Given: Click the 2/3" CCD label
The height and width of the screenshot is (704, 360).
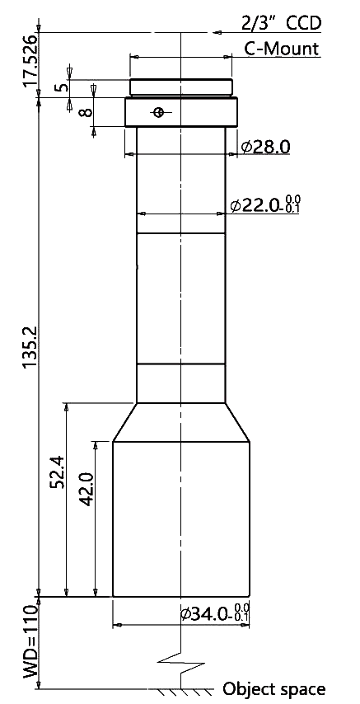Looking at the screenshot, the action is pos(282,22).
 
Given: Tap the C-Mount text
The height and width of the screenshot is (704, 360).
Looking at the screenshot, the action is pos(282,48).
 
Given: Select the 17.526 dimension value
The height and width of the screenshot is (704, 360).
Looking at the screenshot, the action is pos(30,62).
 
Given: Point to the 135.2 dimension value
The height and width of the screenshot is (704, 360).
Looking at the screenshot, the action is pos(30,346).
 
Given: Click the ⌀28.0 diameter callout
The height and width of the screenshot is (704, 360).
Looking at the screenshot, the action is pos(265,147).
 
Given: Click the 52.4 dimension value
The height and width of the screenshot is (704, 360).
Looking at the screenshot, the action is pos(58,472).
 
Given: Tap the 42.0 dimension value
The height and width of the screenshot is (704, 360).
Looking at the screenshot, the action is pos(86,489).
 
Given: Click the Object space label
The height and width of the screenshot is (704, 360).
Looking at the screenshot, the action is pos(274,688).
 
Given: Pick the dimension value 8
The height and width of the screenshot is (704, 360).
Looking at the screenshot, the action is pos(86,110).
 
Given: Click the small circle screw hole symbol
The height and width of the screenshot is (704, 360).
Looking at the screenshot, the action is pos(157,112).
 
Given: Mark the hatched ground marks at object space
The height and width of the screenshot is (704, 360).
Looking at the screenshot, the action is pos(181,691).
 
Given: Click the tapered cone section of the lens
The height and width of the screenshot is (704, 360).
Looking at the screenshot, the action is pos(181,422).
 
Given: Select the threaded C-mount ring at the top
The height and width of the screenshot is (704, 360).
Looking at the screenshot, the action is pos(181,87).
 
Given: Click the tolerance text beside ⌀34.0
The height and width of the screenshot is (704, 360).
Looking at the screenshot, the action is pos(243,612).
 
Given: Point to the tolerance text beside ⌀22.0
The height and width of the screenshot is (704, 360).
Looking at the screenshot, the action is pos(293,204).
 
